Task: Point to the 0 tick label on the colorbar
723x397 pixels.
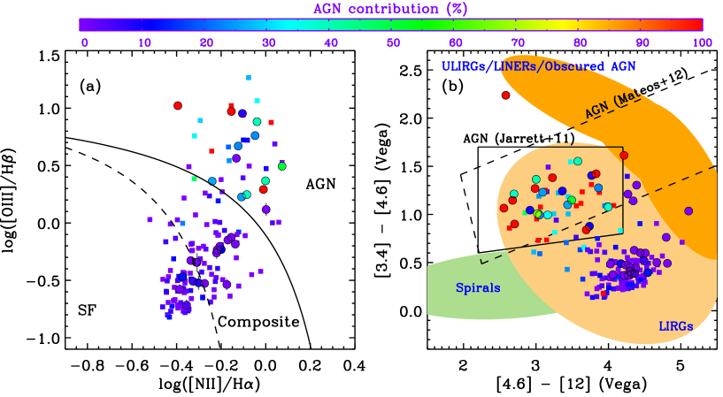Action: pyautogui.click(x=85, y=42)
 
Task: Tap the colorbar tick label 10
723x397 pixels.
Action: pyautogui.click(x=144, y=42)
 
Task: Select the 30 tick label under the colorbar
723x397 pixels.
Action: pyautogui.click(x=268, y=42)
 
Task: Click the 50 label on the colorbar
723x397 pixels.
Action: pyautogui.click(x=393, y=42)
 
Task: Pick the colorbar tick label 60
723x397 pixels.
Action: pyautogui.click(x=455, y=42)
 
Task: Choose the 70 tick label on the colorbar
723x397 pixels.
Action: pyautogui.click(x=517, y=42)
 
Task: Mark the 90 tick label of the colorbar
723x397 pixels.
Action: pyautogui.click(x=642, y=42)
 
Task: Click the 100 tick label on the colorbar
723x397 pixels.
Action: pyautogui.click(x=702, y=42)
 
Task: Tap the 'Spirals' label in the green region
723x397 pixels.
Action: pyautogui.click(x=478, y=288)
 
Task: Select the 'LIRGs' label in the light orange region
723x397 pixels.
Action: pyautogui.click(x=675, y=326)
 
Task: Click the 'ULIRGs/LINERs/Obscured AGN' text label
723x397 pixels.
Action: pyautogui.click(x=538, y=66)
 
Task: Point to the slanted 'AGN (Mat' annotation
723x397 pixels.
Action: pyautogui.click(x=611, y=106)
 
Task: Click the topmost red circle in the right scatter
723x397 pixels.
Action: pyautogui.click(x=506, y=95)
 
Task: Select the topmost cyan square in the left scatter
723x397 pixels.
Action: pyautogui.click(x=249, y=78)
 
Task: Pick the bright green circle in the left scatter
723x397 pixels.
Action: pyautogui.click(x=282, y=166)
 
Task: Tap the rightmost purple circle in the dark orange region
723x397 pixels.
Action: pyautogui.click(x=688, y=210)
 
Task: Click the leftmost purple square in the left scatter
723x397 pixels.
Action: pyautogui.click(x=150, y=219)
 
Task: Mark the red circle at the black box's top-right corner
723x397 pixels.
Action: pyautogui.click(x=624, y=156)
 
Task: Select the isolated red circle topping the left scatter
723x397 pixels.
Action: pyautogui.click(x=178, y=105)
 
